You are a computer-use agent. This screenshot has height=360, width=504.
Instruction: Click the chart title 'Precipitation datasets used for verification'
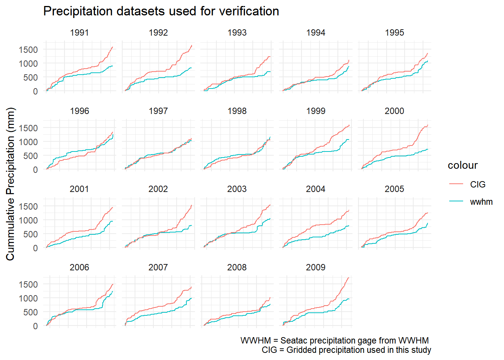161,11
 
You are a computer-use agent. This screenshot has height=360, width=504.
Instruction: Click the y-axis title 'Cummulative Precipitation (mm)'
10,184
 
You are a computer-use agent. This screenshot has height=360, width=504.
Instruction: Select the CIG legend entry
477,184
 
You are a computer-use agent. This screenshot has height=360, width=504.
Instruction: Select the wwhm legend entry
481,202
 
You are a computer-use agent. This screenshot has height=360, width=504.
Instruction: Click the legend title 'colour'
462,165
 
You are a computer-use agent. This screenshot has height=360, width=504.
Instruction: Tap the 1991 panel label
79,33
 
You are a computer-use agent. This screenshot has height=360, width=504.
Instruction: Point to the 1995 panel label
394,33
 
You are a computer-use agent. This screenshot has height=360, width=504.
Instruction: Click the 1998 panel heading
237,111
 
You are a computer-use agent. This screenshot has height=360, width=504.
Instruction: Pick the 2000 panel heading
394,111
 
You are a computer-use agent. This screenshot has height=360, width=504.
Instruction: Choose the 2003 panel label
237,189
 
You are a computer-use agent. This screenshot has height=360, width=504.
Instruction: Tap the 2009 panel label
315,267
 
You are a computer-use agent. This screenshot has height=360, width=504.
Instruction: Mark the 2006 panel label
79,267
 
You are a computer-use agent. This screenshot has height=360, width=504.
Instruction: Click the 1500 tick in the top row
28,49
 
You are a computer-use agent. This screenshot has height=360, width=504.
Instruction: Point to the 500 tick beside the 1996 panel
31,156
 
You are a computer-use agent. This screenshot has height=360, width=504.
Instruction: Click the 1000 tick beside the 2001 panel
28,220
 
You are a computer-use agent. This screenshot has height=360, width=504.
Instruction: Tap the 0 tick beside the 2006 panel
35,326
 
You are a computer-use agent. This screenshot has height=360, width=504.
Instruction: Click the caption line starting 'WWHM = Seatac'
334,340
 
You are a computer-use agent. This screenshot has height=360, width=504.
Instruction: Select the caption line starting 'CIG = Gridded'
346,350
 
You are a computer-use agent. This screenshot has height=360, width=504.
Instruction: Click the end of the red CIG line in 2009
349,278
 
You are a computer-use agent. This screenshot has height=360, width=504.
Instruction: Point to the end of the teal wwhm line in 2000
427,149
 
